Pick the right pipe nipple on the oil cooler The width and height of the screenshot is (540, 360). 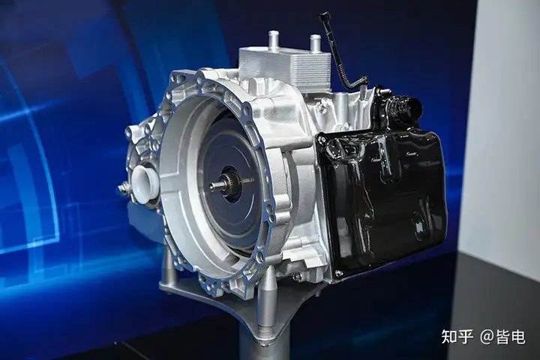point(316,43)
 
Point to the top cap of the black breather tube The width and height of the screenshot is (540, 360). point(325,16)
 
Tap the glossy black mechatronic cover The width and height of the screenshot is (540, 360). point(382,199)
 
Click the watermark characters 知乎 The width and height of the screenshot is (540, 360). point(457,337)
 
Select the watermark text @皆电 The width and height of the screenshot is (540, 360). point(502,337)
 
